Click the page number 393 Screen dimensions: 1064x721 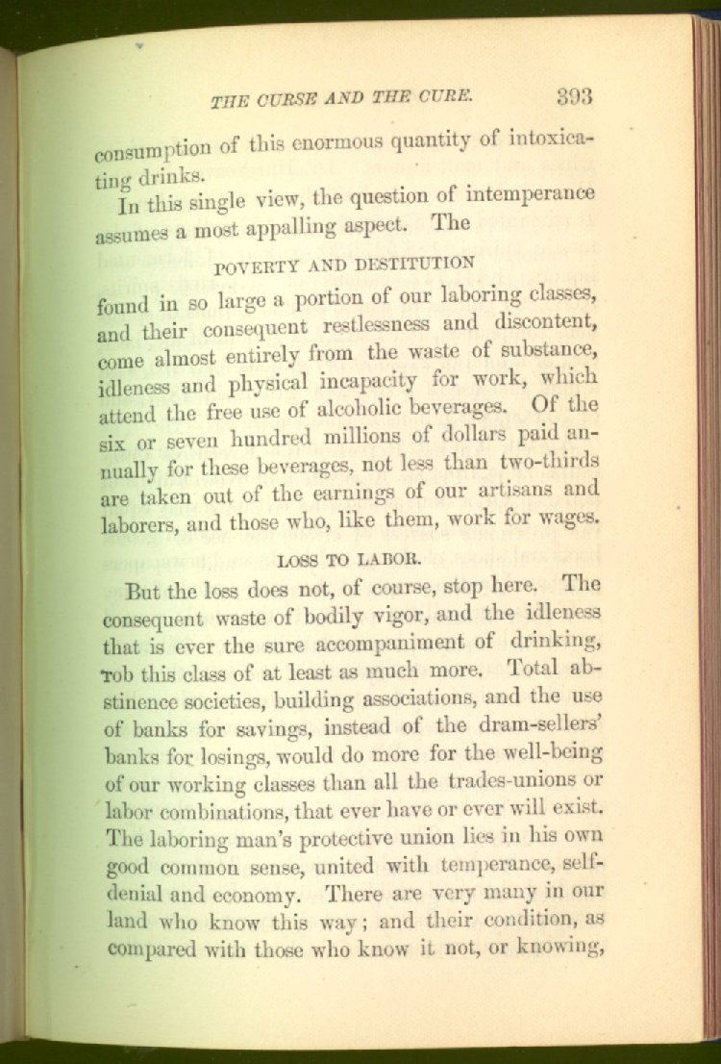(573, 96)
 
